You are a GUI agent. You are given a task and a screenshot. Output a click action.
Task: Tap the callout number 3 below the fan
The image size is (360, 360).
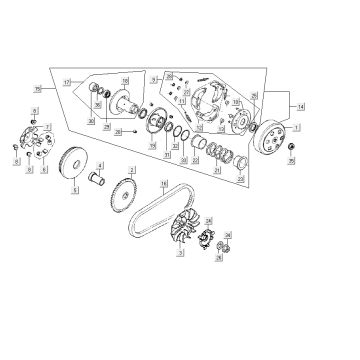179,256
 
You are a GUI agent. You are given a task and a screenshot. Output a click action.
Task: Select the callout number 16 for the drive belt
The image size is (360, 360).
165,182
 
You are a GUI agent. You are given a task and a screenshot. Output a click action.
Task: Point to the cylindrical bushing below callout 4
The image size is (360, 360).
101,182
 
